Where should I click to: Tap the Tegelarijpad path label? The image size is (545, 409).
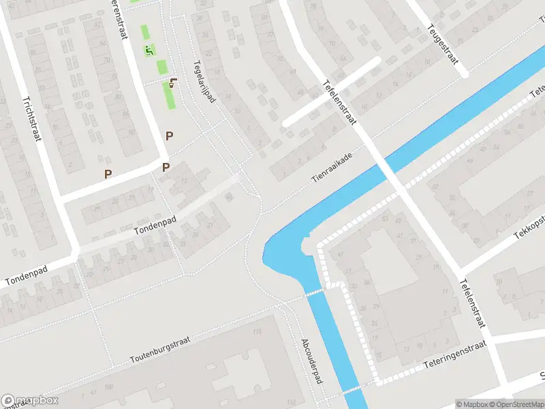tap(204, 80)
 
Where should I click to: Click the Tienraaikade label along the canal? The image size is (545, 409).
tap(334, 164)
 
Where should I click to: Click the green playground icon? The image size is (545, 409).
tap(150, 50)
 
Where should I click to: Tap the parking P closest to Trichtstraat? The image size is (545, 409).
tap(108, 174)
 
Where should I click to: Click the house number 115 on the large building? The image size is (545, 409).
tap(257, 332)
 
